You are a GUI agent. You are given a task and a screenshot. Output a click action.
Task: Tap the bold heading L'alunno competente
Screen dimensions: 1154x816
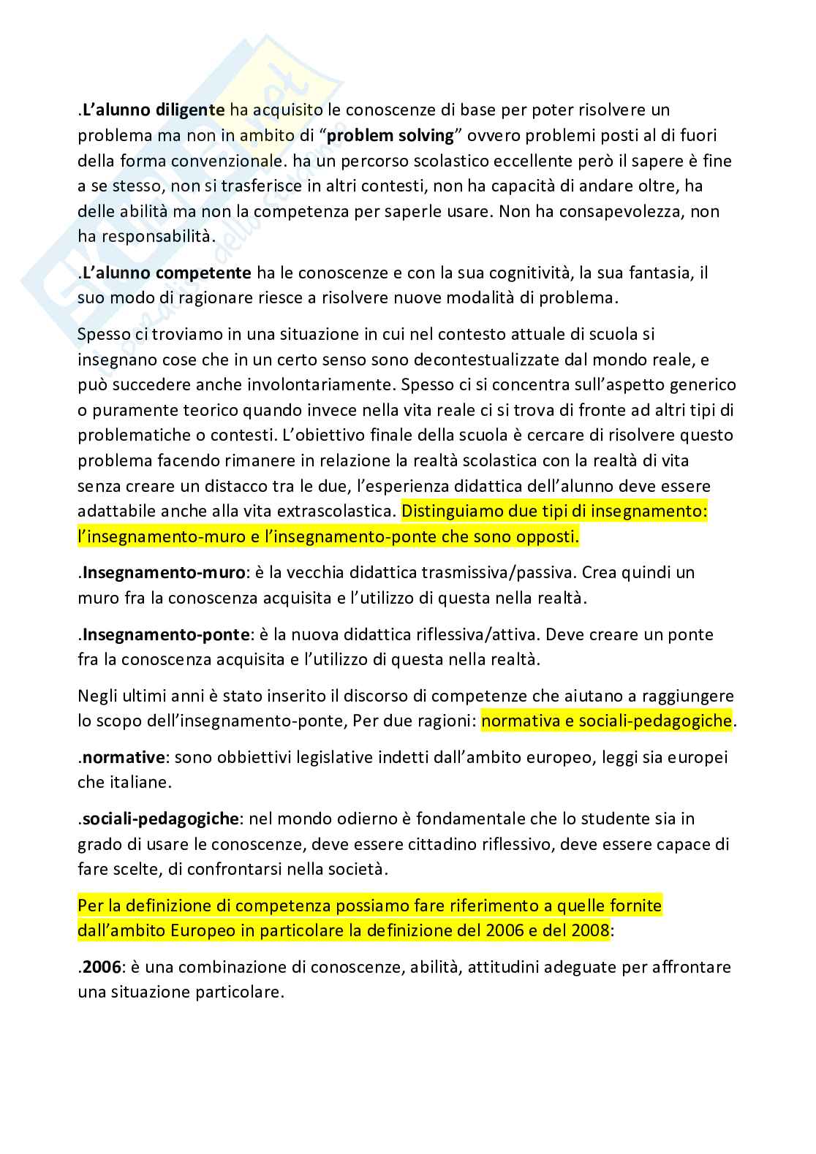(x=167, y=273)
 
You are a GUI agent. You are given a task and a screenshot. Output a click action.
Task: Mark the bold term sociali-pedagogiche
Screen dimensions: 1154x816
(x=160, y=819)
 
